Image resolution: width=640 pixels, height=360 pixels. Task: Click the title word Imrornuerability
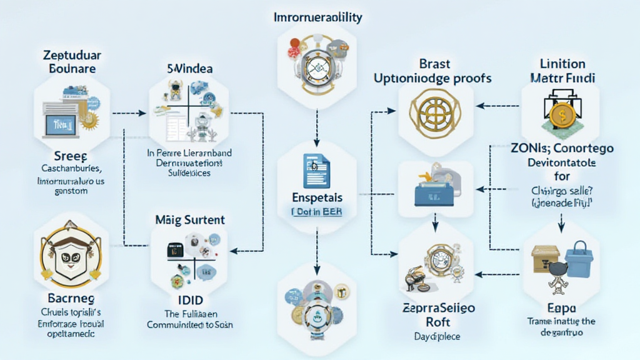(318, 17)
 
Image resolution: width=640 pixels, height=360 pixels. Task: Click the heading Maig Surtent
(189, 220)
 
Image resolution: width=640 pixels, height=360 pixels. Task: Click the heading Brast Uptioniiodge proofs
(432, 71)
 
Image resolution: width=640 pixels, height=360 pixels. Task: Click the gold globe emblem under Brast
(432, 113)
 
